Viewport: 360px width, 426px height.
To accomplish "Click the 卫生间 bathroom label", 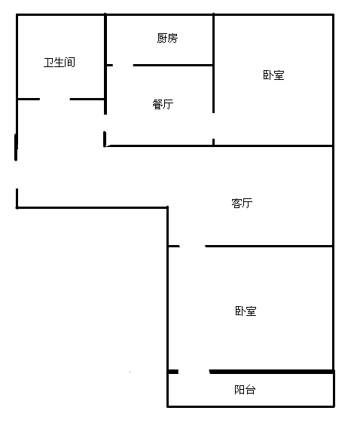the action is pos(59,63).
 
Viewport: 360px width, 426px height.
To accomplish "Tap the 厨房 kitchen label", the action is pos(167,38).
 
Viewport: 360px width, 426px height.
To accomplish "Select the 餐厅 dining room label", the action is pos(163,104).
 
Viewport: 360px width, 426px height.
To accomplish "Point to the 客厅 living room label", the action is pos(242,203).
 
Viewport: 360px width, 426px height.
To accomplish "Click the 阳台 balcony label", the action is pos(245,390).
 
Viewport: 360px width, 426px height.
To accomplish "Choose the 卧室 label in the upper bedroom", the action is pos(273,75).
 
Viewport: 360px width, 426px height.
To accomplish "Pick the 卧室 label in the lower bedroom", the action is pos(246,311).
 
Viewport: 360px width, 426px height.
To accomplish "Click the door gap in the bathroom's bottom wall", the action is pos(55,100).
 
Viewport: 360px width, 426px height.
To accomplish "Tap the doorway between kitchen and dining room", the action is pos(123,65).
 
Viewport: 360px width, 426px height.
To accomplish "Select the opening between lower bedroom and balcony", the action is pos(194,372).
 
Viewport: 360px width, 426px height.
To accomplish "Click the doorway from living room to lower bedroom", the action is pos(192,246).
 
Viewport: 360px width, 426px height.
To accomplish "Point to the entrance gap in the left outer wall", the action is pos(17,174).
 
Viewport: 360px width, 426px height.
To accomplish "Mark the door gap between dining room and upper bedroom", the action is pos(213,126).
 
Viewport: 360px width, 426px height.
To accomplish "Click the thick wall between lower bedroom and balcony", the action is pos(271,372).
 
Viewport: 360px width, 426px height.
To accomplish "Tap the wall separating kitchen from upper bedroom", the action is pos(213,39).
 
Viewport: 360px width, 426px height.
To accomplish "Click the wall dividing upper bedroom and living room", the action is pos(273,146).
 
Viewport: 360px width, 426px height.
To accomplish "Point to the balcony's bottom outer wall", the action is pos(251,406).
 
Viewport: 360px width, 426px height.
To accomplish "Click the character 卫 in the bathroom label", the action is pos(48,63).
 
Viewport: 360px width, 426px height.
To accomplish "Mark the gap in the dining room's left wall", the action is pos(105,123).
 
